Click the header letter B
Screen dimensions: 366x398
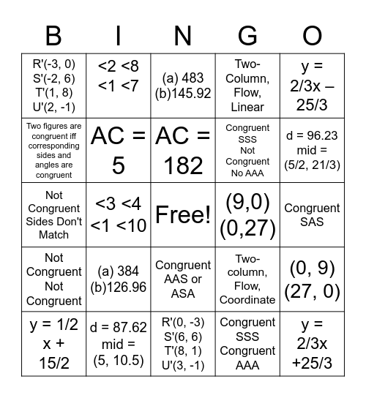pos(53,35)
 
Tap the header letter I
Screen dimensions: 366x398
pos(119,35)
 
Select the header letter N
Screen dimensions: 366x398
pos(183,35)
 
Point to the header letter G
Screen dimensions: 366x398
pos(247,35)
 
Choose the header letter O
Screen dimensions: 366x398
pos(312,35)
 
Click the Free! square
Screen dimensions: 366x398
pos(183,214)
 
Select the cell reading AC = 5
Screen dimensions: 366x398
pos(119,151)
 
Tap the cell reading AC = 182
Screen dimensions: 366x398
pos(183,151)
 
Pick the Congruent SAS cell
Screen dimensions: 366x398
pos(312,214)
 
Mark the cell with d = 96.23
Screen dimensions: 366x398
pos(312,151)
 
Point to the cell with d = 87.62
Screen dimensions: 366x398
pos(119,344)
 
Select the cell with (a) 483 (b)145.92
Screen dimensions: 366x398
pos(183,86)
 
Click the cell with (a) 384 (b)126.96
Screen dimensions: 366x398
pos(119,279)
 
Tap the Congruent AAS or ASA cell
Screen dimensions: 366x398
pos(183,279)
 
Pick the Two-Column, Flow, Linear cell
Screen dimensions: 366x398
pos(247,86)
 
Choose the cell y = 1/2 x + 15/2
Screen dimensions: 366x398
pos(53,344)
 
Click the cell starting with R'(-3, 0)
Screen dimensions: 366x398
pos(53,86)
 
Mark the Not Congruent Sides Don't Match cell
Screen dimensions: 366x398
pos(53,214)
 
